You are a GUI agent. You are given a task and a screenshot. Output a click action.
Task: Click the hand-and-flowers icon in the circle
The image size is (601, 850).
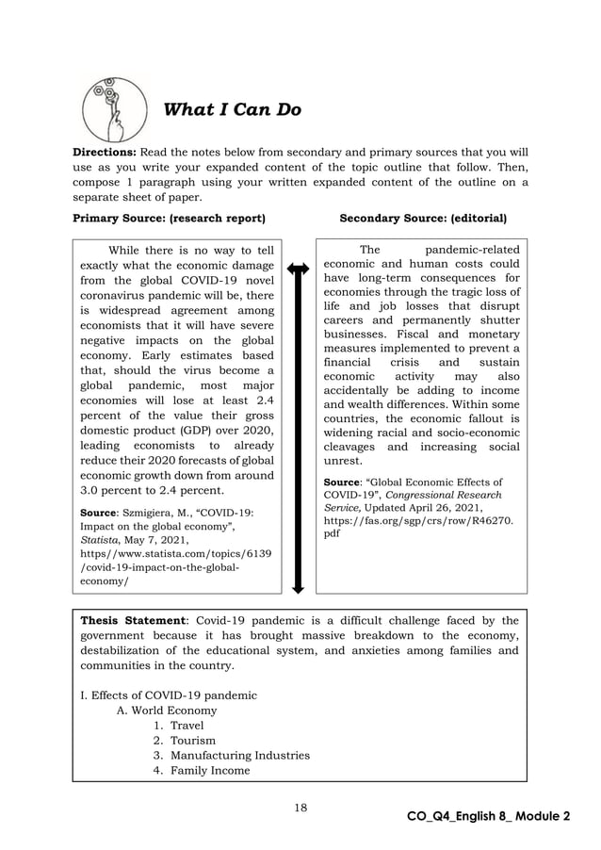(x=113, y=110)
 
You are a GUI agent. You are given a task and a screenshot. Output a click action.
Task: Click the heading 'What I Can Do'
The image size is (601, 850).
(x=232, y=110)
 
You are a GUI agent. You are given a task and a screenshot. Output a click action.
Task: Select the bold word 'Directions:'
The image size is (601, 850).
(x=105, y=152)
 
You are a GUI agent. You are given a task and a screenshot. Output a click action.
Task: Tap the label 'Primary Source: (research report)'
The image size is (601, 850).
(x=170, y=218)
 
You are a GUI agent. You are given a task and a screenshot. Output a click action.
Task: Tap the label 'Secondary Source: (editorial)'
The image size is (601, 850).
(x=422, y=218)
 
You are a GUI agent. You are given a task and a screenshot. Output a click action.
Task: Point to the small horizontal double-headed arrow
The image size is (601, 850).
(x=298, y=270)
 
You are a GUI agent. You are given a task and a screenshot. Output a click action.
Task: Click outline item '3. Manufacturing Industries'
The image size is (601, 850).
(x=231, y=756)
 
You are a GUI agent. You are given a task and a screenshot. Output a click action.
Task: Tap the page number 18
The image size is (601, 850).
(x=299, y=807)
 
